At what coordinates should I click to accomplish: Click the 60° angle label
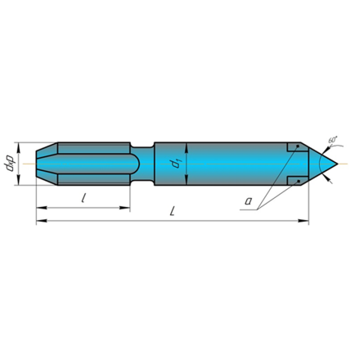[333, 139]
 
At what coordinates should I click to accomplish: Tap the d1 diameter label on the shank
[175, 164]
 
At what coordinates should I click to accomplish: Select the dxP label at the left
[9, 164]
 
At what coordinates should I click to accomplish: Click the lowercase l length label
[83, 198]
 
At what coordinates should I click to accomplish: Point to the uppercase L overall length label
[172, 211]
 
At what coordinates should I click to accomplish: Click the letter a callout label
[248, 201]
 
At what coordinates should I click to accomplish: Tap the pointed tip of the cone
[338, 164]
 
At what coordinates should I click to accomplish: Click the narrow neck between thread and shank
[142, 164]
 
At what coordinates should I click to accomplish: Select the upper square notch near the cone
[297, 147]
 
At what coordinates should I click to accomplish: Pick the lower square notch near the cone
[297, 181]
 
